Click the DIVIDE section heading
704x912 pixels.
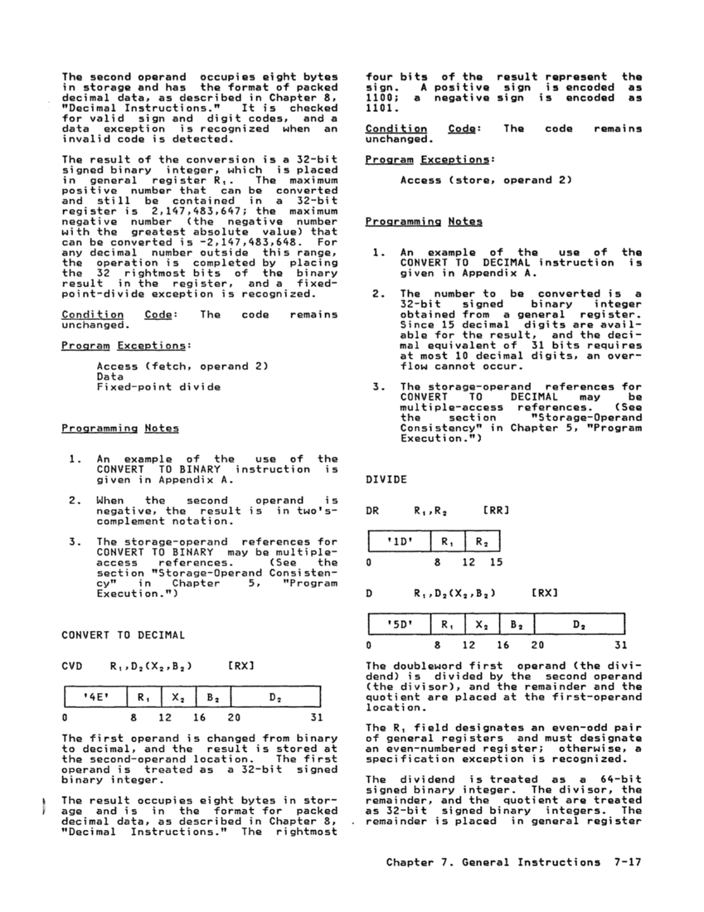tap(386, 479)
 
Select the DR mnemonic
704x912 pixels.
tap(372, 512)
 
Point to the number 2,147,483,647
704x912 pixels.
tap(153, 211)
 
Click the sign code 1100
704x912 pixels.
tap(380, 97)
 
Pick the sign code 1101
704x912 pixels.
tap(380, 108)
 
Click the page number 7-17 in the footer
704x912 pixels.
tap(624, 862)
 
